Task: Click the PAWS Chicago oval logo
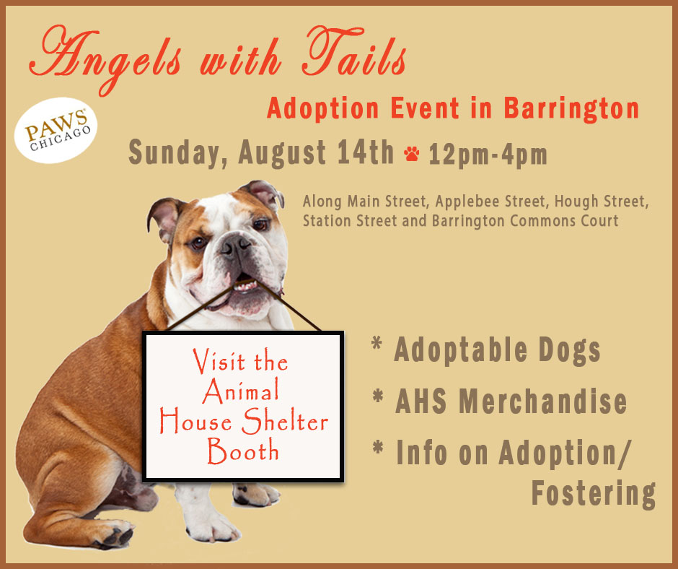click(x=56, y=130)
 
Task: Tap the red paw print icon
click(x=411, y=154)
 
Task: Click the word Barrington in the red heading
click(x=571, y=109)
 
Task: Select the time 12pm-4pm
click(x=488, y=154)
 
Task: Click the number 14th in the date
click(x=366, y=152)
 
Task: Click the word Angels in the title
click(x=105, y=57)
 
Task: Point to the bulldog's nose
click(x=235, y=245)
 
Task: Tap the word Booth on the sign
click(x=242, y=451)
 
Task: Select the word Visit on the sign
click(x=219, y=360)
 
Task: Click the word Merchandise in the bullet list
click(x=542, y=401)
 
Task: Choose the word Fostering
click(x=593, y=494)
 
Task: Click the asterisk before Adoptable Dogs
click(x=377, y=344)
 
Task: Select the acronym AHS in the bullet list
click(x=421, y=401)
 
